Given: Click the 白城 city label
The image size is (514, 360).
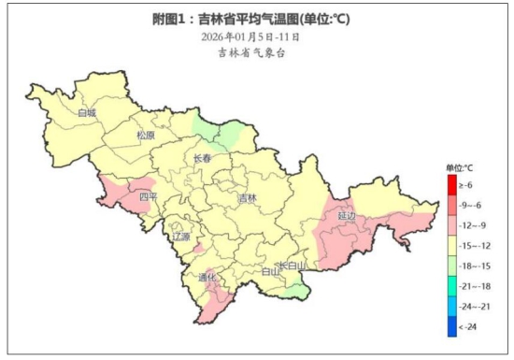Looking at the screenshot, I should pyautogui.click(x=87, y=113).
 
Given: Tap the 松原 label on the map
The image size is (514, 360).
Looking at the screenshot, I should pyautogui.click(x=145, y=135).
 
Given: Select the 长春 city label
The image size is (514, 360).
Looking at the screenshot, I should pyautogui.click(x=202, y=158).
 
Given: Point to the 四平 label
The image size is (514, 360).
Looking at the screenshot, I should pyautogui.click(x=149, y=197).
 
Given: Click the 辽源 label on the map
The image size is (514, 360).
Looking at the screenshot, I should pyautogui.click(x=180, y=238).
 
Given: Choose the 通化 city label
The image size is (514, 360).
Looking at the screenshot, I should pyautogui.click(x=207, y=277).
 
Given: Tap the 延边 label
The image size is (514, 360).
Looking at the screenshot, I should pyautogui.click(x=347, y=216).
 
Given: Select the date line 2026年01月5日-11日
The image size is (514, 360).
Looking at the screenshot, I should pyautogui.click(x=250, y=37).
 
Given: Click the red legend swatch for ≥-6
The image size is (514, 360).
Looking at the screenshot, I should pyautogui.click(x=450, y=184).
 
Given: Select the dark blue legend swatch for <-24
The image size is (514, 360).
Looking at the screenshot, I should pyautogui.click(x=450, y=326).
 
